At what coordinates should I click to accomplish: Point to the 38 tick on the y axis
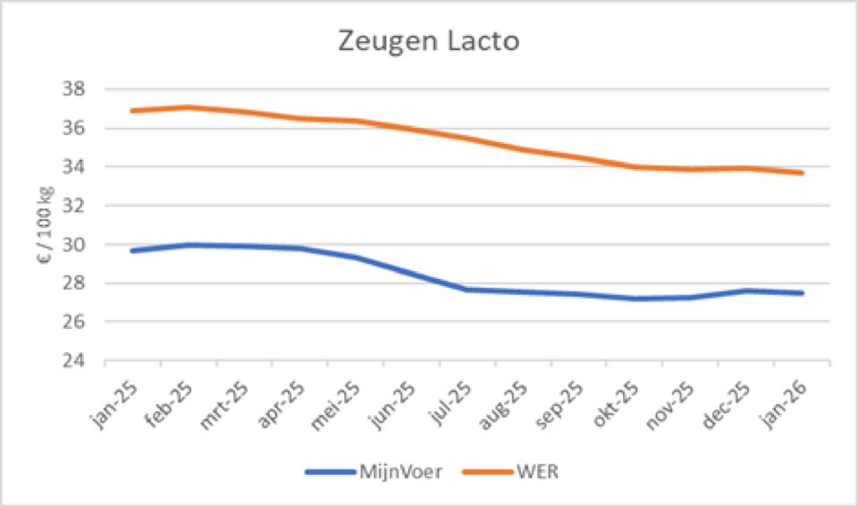click(x=75, y=89)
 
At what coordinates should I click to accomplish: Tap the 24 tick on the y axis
click(x=75, y=361)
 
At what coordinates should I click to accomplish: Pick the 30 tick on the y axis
click(x=75, y=245)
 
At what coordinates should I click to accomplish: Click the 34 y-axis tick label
click(x=75, y=167)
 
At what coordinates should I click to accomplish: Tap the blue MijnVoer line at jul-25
click(x=467, y=289)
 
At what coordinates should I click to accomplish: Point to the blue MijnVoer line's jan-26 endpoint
click(x=802, y=293)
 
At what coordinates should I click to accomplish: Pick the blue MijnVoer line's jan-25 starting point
click(x=133, y=250)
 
